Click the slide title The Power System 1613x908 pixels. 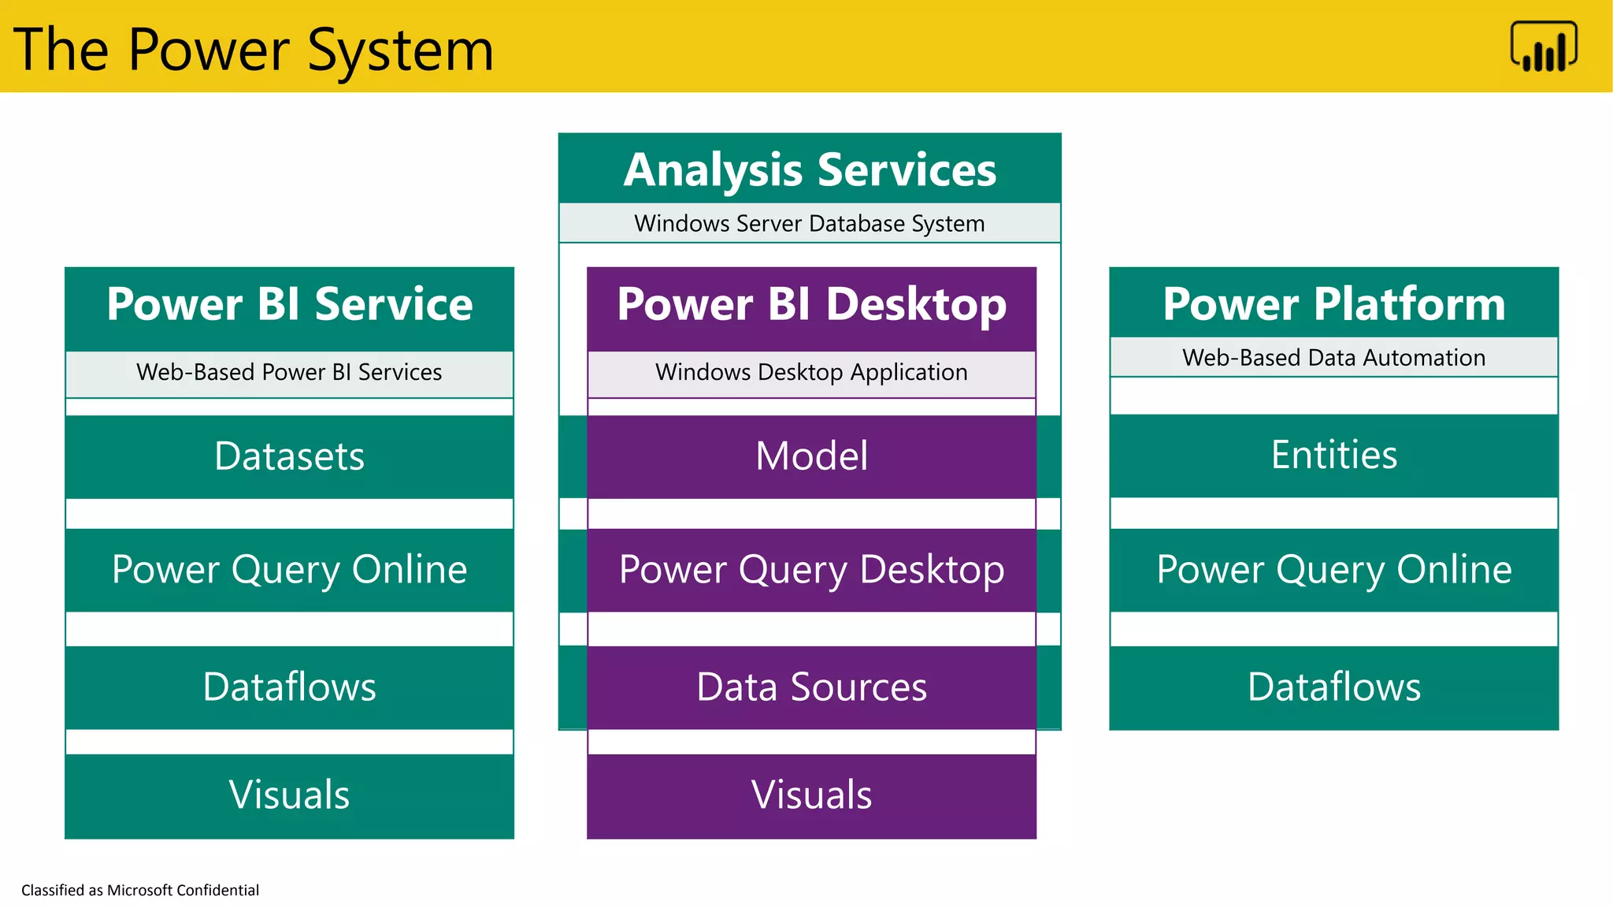pos(254,49)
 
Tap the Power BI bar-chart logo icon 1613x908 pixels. pos(1543,47)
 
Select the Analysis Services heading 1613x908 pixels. pos(810,169)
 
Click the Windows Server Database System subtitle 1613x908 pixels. pos(810,224)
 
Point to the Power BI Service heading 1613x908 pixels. pos(289,304)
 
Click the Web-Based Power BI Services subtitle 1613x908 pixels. pos(289,372)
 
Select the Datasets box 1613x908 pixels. pos(289,456)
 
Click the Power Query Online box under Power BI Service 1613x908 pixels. pos(289,570)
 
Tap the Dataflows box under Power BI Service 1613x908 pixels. pos(289,687)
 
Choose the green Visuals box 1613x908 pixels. pos(289,794)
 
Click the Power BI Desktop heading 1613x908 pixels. pos(811,304)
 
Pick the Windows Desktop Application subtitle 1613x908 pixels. pos(811,372)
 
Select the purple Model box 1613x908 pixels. pos(811,456)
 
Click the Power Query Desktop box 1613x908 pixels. pos(811,570)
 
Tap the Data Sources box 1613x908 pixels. pos(811,687)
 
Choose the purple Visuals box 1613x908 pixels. pos(811,794)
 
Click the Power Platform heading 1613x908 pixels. pos(1333,304)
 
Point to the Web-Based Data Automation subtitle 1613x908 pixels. pos(1333,358)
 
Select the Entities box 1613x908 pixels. pos(1333,456)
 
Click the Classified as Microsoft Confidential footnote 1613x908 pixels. pos(140,890)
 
